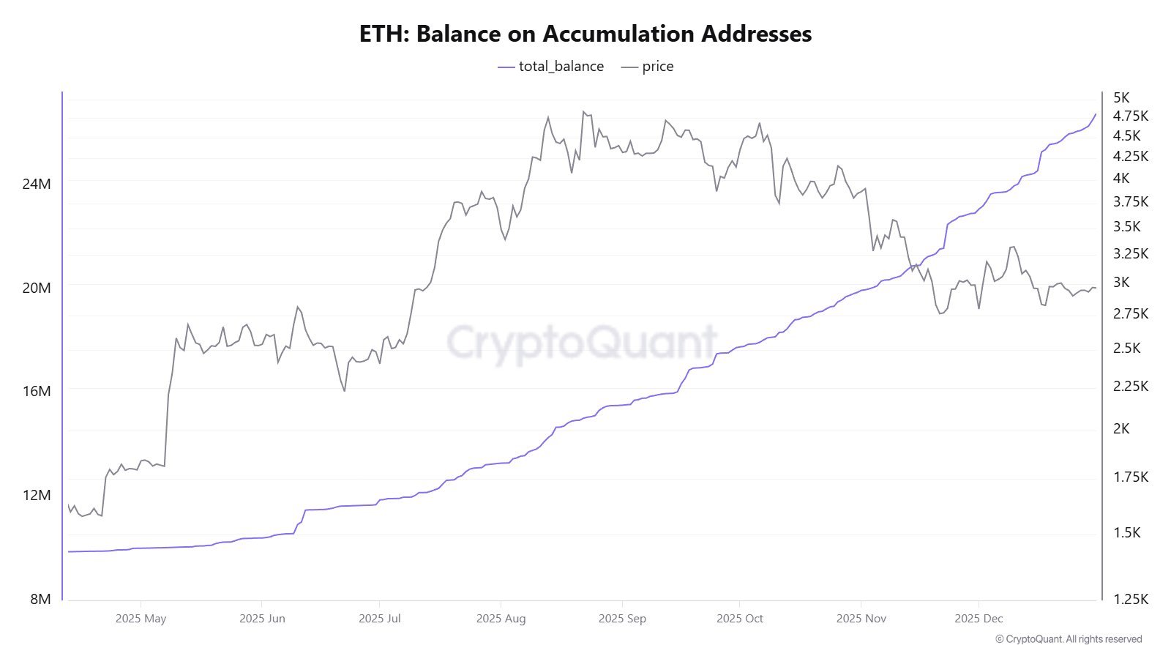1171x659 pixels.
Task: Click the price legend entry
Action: (648, 67)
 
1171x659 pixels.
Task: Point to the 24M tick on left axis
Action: (37, 184)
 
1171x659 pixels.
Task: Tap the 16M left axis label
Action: (37, 391)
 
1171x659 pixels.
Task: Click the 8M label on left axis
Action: (40, 599)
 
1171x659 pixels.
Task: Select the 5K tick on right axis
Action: (1121, 97)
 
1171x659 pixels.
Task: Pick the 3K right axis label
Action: (1121, 282)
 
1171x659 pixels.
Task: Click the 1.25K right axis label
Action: (1130, 599)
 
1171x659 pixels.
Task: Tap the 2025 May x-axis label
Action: (141, 619)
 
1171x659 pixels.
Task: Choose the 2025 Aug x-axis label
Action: (501, 619)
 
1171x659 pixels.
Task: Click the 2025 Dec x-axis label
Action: (979, 619)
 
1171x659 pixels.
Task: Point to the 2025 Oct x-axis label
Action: (739, 619)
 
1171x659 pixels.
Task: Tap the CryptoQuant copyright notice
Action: (1069, 639)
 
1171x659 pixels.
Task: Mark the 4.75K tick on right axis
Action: (1130, 116)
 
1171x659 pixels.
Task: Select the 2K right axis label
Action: (1121, 428)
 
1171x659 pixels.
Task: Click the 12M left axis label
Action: (37, 495)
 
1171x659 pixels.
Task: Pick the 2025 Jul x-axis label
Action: (379, 619)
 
